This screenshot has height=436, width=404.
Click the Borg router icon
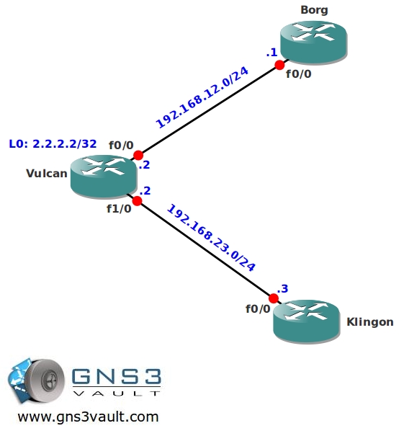click(x=314, y=43)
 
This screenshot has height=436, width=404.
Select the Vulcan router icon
click(x=104, y=177)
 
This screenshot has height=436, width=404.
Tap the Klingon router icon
click(x=307, y=321)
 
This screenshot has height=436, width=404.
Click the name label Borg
click(x=314, y=10)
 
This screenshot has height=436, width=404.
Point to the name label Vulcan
click(x=47, y=173)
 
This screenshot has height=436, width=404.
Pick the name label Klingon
click(x=370, y=321)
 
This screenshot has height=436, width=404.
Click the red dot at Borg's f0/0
click(x=279, y=65)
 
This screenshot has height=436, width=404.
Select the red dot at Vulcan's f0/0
click(x=138, y=155)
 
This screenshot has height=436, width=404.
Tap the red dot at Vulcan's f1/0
click(x=137, y=201)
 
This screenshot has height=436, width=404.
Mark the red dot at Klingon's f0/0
click(x=274, y=298)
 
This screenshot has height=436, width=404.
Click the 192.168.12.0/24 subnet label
click(x=202, y=97)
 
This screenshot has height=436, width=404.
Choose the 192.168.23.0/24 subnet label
click(x=211, y=238)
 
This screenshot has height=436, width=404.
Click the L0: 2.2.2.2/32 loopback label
click(x=53, y=144)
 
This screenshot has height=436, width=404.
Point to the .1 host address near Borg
click(x=271, y=53)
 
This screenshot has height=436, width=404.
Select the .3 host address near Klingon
click(x=282, y=289)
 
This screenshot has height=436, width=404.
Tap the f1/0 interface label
click(x=119, y=208)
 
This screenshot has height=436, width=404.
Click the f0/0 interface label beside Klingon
click(x=258, y=308)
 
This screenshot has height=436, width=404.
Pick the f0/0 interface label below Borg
click(x=299, y=74)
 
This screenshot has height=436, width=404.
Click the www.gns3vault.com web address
click(x=88, y=417)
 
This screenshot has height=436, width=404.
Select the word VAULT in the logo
click(x=117, y=393)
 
